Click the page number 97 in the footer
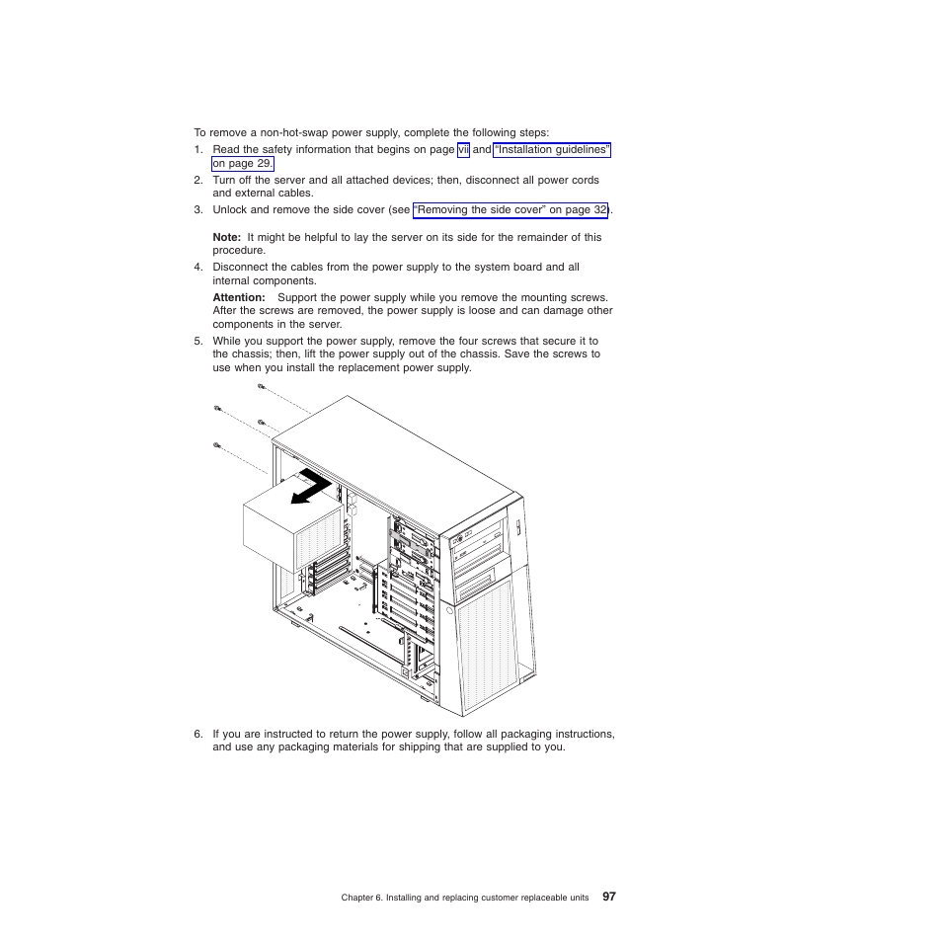(609, 897)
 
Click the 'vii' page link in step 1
(463, 150)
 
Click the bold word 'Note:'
(227, 237)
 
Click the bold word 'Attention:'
(239, 297)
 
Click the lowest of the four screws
(216, 445)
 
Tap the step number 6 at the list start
(197, 734)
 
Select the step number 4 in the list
(197, 268)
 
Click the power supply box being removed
(282, 522)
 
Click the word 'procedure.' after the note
(239, 251)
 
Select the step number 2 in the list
(197, 181)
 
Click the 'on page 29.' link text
(242, 164)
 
